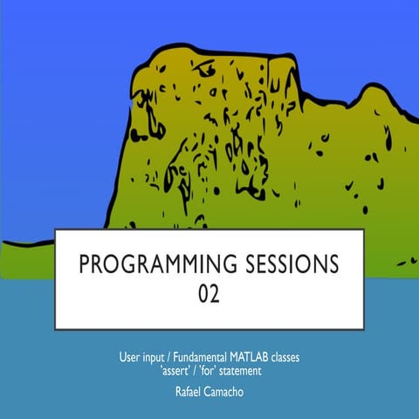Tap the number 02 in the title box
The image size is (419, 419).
click(x=209, y=293)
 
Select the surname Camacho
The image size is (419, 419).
click(x=227, y=392)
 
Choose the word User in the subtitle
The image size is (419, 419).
click(x=130, y=357)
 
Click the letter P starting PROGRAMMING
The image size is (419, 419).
click(x=83, y=264)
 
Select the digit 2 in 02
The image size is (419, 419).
click(x=216, y=293)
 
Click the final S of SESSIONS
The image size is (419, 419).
click(x=335, y=264)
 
